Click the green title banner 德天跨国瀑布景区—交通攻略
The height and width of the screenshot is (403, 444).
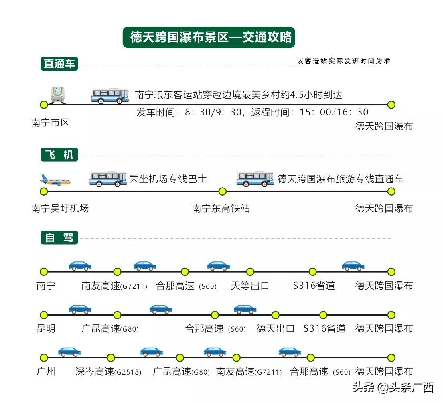pyautogui.click(x=209, y=37)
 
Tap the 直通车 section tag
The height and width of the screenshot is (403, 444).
pyautogui.click(x=59, y=64)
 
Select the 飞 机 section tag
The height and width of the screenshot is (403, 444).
pyautogui.click(x=59, y=155)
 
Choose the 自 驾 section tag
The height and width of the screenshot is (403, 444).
pyautogui.click(x=59, y=237)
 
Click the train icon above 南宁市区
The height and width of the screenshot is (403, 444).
pyautogui.click(x=57, y=95)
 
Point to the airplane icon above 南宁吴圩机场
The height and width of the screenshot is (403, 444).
pyautogui.click(x=55, y=180)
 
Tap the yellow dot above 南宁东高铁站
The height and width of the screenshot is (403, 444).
pyautogui.click(x=223, y=192)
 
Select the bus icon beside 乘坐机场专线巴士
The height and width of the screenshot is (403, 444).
pyautogui.click(x=108, y=179)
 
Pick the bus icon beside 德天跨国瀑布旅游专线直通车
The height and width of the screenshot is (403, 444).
pyautogui.click(x=255, y=179)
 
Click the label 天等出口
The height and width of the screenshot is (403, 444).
pyautogui.click(x=250, y=286)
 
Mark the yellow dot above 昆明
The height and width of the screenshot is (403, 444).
pyautogui.click(x=44, y=315)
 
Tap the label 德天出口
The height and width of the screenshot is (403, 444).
pyautogui.click(x=275, y=329)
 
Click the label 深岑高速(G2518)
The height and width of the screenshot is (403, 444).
pyautogui.click(x=108, y=372)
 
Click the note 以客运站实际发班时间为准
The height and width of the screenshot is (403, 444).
pyautogui.click(x=344, y=61)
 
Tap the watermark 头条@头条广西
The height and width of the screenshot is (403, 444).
pyautogui.click(x=393, y=387)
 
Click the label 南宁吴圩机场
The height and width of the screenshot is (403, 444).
pyautogui.click(x=60, y=209)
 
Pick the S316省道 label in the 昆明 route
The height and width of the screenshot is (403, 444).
pyautogui.click(x=324, y=329)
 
